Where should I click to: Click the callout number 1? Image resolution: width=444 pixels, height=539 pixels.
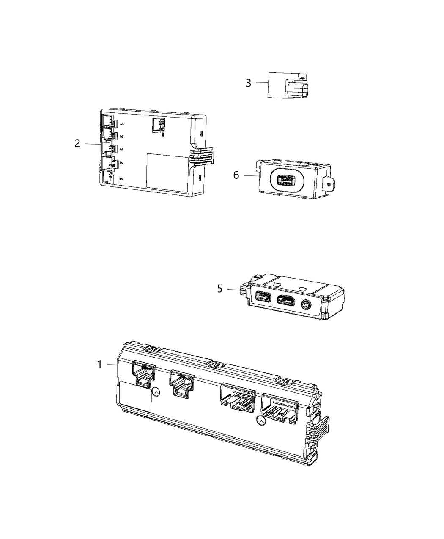pyautogui.click(x=100, y=364)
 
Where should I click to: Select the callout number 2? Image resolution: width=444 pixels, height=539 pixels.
pyautogui.click(x=77, y=143)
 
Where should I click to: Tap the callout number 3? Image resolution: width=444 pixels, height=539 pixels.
pyautogui.click(x=249, y=83)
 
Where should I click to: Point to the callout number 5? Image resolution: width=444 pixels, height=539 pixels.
pyautogui.click(x=219, y=289)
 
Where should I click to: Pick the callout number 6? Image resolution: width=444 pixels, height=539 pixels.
pyautogui.click(x=236, y=175)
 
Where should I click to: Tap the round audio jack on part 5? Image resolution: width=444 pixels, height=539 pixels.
pyautogui.click(x=305, y=303)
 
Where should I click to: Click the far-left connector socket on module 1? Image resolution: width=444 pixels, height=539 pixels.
pyautogui.click(x=143, y=373)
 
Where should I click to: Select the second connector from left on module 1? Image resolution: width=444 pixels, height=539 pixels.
pyautogui.click(x=181, y=382)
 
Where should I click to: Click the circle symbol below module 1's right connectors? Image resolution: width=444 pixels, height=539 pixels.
pyautogui.click(x=260, y=421)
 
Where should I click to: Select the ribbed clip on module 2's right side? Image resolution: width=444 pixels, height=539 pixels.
pyautogui.click(x=202, y=156)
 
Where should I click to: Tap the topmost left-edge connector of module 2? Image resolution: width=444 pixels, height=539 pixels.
pyautogui.click(x=108, y=122)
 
